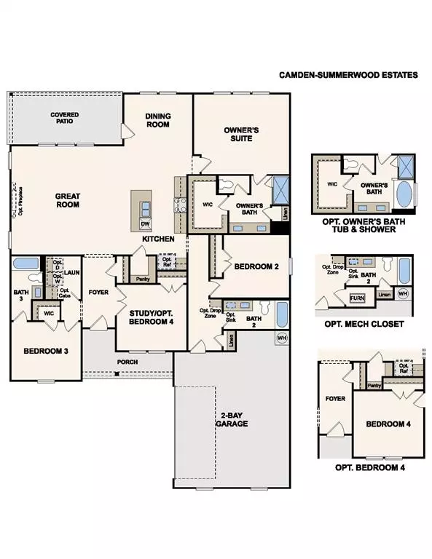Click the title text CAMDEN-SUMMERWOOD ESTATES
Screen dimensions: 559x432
click(x=350, y=74)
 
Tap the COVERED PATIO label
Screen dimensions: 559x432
click(x=65, y=119)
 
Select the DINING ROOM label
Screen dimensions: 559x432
click(x=158, y=119)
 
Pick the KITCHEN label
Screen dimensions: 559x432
click(x=158, y=239)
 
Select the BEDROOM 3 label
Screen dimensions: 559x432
click(x=46, y=351)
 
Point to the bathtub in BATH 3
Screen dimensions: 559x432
click(x=26, y=263)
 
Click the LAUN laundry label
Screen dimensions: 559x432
click(x=71, y=273)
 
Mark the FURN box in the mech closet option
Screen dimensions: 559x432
click(x=357, y=298)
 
